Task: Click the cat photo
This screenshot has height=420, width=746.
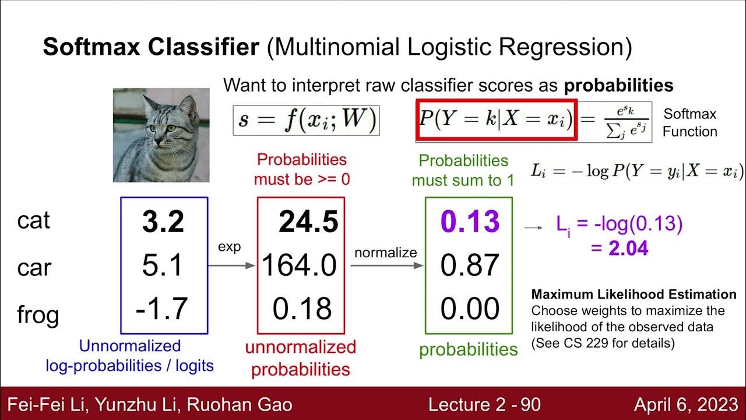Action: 161,135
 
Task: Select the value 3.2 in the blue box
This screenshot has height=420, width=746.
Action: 163,222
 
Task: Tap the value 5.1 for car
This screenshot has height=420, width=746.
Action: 163,266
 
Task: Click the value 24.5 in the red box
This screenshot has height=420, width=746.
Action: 308,222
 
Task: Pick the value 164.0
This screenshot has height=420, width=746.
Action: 300,266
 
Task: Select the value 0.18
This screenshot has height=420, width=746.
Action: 302,309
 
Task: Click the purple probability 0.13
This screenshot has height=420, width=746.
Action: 470,222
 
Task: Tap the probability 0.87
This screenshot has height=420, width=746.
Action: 470,266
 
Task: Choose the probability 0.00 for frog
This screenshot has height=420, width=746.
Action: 470,309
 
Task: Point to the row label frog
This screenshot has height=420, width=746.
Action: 38,314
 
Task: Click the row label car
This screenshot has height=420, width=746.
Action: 34,267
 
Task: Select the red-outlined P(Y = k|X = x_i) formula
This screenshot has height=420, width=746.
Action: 496,120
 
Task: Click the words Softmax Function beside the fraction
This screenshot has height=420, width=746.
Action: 689,123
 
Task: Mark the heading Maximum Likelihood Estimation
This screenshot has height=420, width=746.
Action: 634,295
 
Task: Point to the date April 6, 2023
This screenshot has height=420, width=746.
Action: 685,404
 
